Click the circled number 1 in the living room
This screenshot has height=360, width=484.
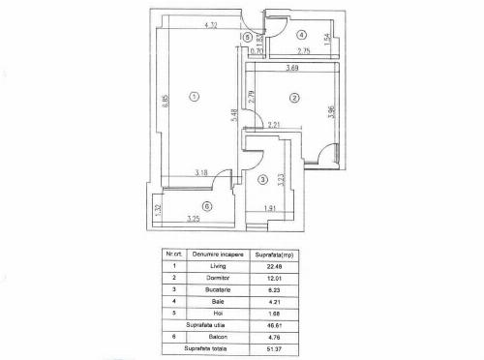(195, 96)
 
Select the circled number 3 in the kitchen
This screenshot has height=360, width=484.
(262, 181)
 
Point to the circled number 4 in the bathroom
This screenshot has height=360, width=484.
(302, 34)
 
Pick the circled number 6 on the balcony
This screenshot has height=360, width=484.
(206, 206)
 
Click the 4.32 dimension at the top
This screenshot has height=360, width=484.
(210, 24)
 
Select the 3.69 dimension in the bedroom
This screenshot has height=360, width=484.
(292, 69)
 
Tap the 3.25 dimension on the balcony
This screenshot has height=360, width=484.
(194, 219)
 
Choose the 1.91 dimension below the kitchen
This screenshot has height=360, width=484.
(272, 208)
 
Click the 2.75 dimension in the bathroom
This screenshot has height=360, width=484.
(304, 50)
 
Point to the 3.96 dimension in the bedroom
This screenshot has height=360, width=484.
(330, 112)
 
